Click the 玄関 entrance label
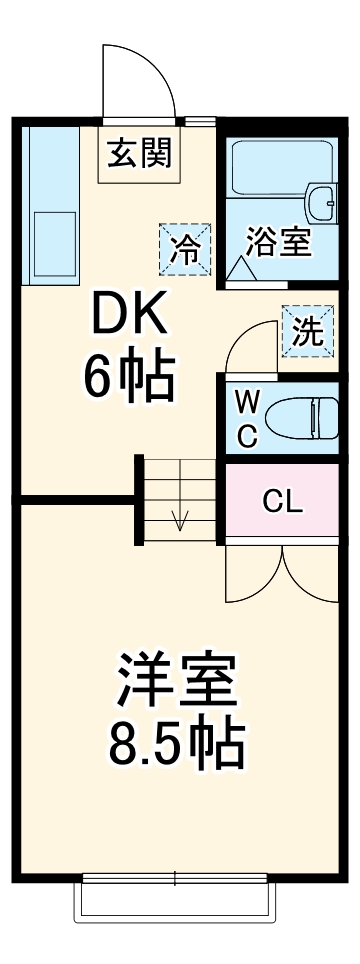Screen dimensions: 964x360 (139, 154)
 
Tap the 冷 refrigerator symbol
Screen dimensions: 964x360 (185, 247)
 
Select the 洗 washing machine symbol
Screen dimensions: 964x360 (308, 331)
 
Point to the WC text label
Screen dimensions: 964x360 (247, 419)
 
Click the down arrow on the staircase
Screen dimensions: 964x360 (181, 519)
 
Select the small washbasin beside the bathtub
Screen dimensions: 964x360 (322, 206)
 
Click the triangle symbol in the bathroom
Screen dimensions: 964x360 (240, 268)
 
